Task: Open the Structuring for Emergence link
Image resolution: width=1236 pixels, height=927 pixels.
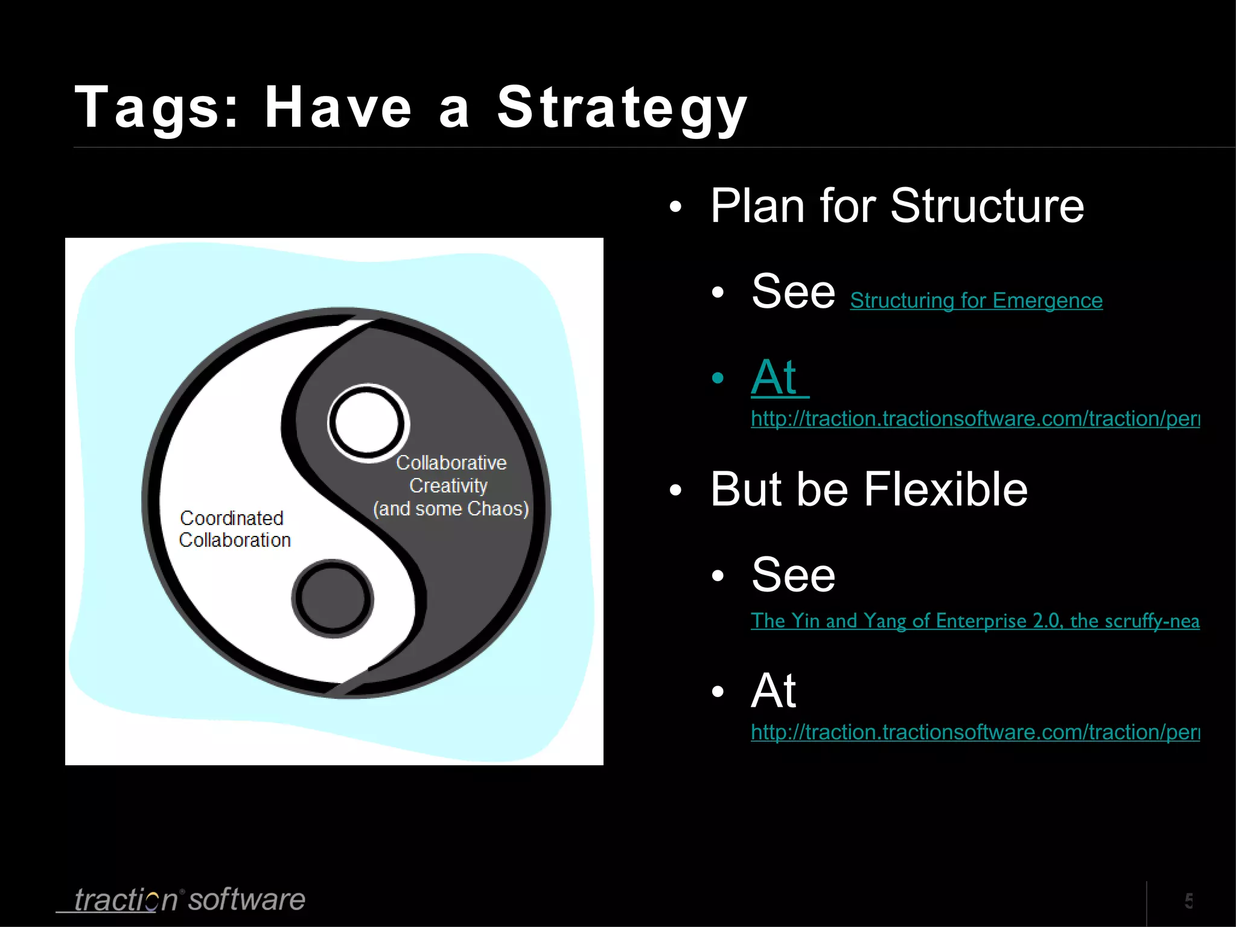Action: point(976,301)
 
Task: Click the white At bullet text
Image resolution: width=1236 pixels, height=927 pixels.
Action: point(774,690)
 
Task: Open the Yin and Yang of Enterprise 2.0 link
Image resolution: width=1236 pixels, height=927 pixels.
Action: point(975,620)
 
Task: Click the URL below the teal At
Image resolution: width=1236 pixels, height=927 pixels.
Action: point(975,419)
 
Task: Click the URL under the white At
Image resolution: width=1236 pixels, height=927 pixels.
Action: point(975,732)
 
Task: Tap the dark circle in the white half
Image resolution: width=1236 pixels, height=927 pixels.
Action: point(333,597)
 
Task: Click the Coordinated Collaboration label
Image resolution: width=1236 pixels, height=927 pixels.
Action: point(234,529)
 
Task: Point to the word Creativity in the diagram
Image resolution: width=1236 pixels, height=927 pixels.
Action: point(448,486)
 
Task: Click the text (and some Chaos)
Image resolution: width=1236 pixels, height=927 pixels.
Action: point(451,509)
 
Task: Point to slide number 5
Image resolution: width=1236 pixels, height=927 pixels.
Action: point(1188,901)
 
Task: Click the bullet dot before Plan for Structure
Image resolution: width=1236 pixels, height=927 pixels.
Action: point(675,207)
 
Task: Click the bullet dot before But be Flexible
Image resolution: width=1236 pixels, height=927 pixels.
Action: point(675,490)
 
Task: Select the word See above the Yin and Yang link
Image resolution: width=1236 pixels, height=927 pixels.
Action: point(793,575)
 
